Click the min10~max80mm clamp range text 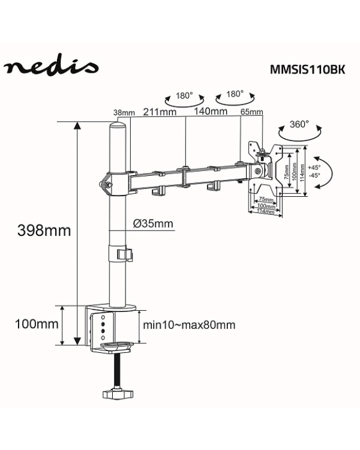pos(189,325)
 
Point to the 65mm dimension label pos(251,112)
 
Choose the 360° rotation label pos(299,125)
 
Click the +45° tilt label pos(314,167)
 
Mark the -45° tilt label pos(314,176)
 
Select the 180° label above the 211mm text pos(184,95)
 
